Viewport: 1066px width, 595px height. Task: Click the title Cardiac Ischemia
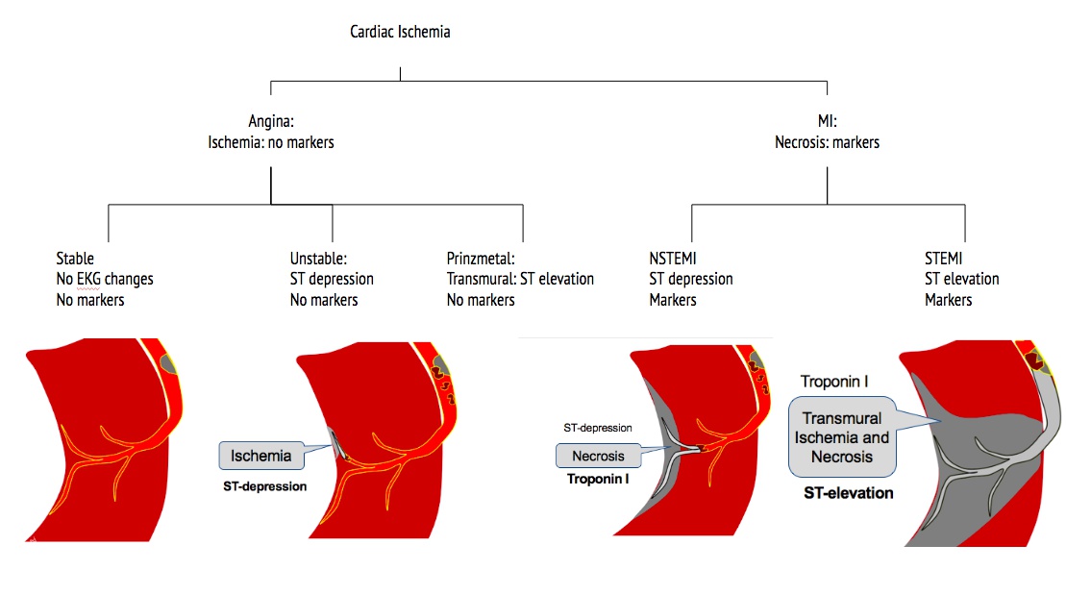pos(400,32)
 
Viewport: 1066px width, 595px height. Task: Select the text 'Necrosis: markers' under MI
pos(827,142)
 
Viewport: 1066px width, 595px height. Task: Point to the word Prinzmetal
pos(482,258)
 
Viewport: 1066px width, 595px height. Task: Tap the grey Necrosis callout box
pos(598,456)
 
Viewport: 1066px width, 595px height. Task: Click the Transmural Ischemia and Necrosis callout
pos(841,437)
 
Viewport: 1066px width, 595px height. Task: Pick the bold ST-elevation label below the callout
pos(849,493)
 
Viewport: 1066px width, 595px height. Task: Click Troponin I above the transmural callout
pos(834,382)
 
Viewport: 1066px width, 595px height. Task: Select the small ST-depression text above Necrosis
pos(598,427)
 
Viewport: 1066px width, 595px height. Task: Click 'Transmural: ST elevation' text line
pos(520,279)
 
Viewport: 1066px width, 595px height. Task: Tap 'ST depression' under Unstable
pos(332,279)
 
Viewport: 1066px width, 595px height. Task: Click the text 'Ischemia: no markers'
pos(270,142)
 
